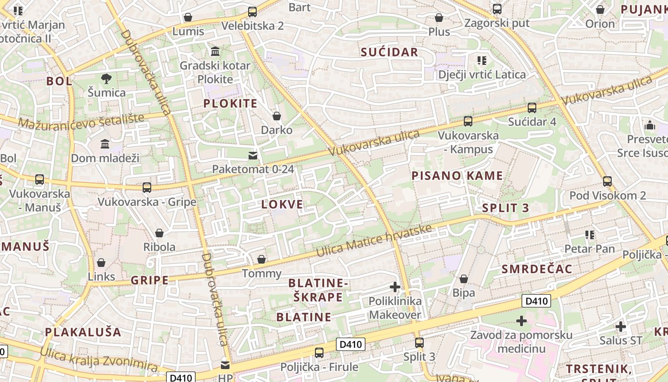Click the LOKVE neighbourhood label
282,204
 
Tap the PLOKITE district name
230,104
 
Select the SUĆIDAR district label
389,53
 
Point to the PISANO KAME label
457,176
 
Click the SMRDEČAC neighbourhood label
536,269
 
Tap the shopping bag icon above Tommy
261,259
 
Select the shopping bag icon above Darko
276,116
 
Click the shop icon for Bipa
463,279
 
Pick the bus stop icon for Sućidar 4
532,108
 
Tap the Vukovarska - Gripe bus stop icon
147,188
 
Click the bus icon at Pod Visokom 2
607,181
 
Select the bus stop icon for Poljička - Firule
319,353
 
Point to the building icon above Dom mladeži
105,144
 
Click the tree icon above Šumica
106,78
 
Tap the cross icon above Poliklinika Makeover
395,287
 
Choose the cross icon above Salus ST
620,327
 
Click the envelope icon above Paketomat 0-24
252,155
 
